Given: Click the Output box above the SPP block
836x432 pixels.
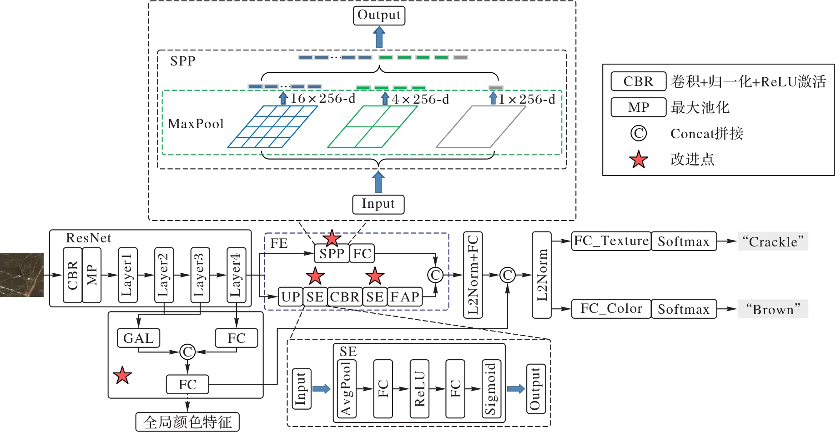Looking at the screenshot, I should pos(379,15).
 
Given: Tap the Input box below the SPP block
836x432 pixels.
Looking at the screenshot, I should pos(378,204).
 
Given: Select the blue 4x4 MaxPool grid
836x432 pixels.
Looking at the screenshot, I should pos(272,127).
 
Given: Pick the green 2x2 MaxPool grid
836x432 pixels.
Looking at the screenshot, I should pos(372,127).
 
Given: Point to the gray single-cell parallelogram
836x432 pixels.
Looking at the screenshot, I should pos(481,127).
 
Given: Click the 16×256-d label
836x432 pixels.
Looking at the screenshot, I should pos(322,99).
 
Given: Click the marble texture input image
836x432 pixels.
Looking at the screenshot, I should pos(21,275).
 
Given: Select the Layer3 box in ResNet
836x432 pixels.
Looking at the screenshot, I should pos(200,275).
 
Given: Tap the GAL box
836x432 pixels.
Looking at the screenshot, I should pos(139,338).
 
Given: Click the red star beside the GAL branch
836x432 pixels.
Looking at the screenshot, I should pos(122,376).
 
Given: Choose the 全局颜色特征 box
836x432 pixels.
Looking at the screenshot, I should pos(187,422).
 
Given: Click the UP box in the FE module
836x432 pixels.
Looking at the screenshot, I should pos(290,297).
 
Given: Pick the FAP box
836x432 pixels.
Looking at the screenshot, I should pos(405,297).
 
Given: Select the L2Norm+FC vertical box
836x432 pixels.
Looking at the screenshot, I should pos(473,275).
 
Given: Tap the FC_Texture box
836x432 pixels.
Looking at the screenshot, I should pos(611,241).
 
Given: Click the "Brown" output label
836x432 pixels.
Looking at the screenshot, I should pos(773,309).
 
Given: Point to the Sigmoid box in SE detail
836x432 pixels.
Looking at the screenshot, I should pos(491,389).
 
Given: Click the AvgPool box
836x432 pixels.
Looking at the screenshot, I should pos(347,389).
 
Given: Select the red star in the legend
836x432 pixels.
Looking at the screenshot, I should pos(639,160).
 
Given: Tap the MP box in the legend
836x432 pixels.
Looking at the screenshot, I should pos(638,108).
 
